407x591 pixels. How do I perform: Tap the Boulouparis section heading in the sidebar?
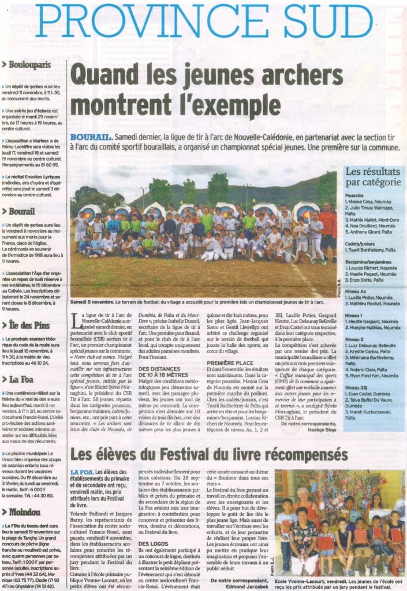coord(29,65)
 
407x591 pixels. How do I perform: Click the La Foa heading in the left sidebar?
coord(21,379)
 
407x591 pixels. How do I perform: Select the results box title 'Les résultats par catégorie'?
coord(372,177)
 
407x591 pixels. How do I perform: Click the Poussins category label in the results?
coord(354,196)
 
